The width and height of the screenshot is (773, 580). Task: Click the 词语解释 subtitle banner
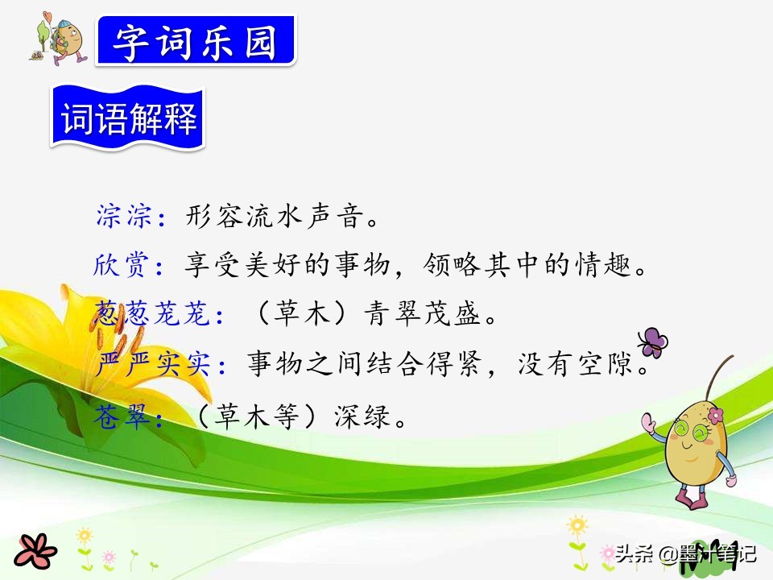pyautogui.click(x=129, y=121)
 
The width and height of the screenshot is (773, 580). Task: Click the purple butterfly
pyautogui.click(x=652, y=342)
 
